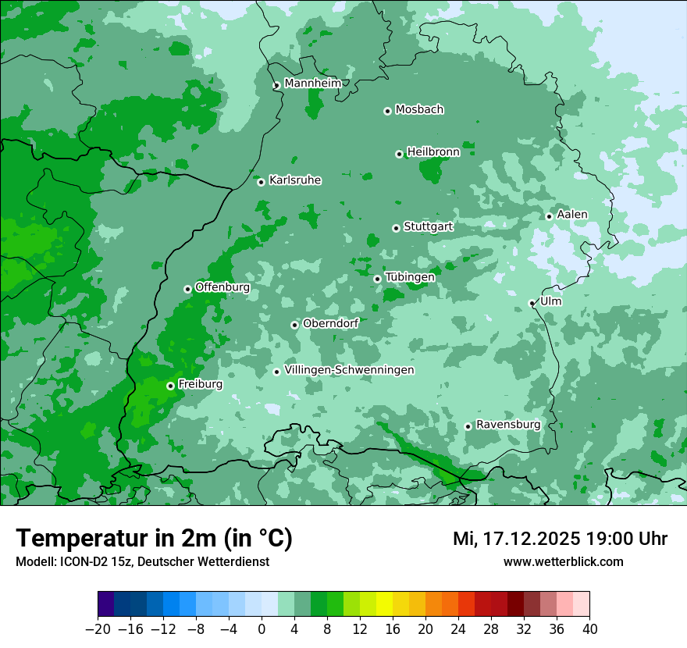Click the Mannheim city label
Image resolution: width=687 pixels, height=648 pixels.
(312, 83)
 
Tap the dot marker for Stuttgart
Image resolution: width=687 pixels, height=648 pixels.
(396, 228)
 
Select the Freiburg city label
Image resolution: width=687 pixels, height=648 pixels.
(200, 384)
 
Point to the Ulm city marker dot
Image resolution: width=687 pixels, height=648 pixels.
(532, 303)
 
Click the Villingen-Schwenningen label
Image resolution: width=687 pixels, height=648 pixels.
(349, 370)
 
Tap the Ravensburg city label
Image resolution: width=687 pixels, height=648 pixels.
(507, 425)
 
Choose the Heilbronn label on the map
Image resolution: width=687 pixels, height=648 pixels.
(433, 152)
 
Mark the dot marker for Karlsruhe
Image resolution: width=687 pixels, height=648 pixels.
(261, 182)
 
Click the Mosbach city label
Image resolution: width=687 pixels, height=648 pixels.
(419, 110)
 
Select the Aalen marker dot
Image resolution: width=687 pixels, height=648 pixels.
(549, 216)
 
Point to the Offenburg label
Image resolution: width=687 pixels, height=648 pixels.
(222, 287)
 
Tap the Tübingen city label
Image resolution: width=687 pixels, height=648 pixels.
(410, 277)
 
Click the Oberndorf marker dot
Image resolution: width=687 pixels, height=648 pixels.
(294, 325)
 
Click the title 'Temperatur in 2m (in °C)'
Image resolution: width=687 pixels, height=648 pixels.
(154, 538)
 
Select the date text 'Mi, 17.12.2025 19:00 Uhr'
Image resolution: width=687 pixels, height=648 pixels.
(560, 539)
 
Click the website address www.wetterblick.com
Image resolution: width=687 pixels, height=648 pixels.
(563, 561)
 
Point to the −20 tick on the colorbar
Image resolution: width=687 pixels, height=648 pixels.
(98, 629)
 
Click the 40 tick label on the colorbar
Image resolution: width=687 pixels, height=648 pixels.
(589, 629)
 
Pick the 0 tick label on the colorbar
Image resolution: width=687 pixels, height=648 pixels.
(262, 629)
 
